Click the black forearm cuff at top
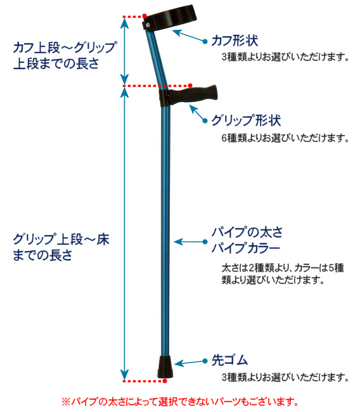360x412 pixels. (170, 17)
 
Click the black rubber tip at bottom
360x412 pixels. (165, 367)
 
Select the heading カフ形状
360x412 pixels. (235, 41)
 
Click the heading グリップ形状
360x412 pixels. (246, 120)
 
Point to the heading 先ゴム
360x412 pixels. (229, 360)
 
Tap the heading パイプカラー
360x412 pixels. (246, 248)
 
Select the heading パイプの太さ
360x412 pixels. (247, 232)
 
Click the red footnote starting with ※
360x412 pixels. (180, 401)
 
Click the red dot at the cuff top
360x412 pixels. (145, 16)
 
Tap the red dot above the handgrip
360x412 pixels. (190, 86)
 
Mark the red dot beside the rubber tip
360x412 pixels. (165, 381)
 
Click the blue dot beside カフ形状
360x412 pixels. (205, 41)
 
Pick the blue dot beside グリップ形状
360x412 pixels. (205, 120)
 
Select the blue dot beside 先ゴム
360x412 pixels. (205, 361)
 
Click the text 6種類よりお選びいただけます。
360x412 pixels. (285, 138)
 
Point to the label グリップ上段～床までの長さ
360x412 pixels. (61, 247)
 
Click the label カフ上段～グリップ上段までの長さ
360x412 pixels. (65, 55)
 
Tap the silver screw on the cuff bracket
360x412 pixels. (148, 25)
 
